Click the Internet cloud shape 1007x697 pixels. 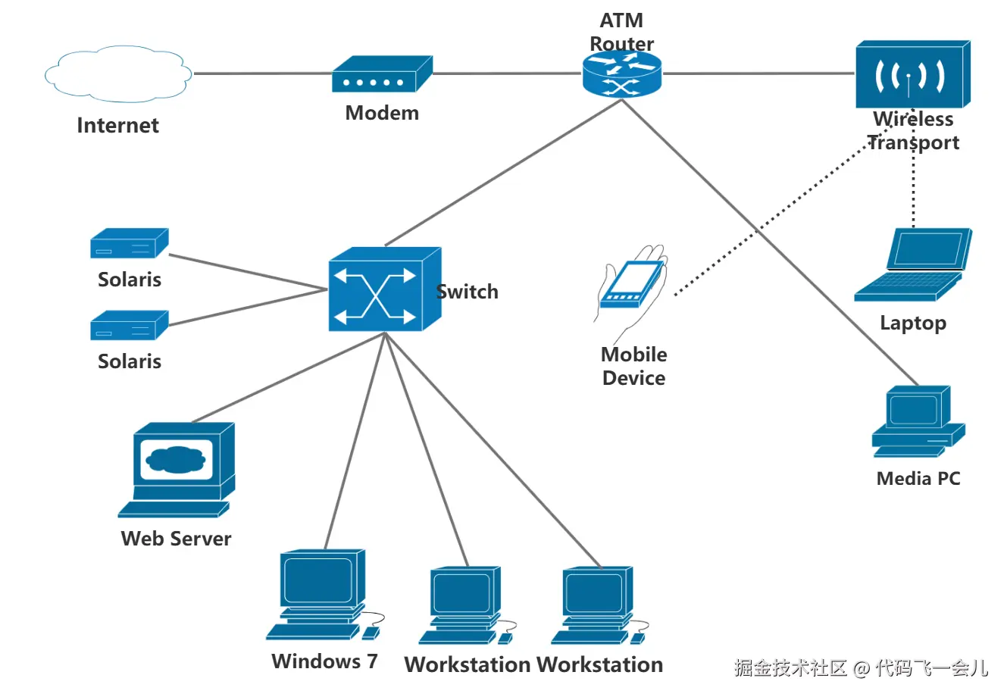117,74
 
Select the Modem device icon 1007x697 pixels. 381,75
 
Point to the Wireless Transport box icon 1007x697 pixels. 912,74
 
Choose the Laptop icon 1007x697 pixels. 913,265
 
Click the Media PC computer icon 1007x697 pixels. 918,421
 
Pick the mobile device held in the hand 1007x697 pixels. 630,284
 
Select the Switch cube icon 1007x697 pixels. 384,290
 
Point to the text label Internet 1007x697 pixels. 117,125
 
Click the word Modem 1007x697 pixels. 382,113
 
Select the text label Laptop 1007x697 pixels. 912,323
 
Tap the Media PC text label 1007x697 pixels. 918,479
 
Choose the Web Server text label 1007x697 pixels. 176,539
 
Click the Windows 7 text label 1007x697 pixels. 324,661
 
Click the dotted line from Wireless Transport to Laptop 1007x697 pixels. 913,189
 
